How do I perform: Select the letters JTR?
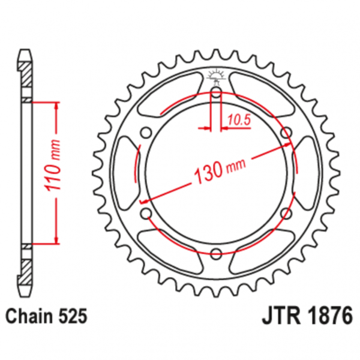pos(281,316)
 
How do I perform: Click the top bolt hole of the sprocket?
pos(216,92)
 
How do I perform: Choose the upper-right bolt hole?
pos(286,133)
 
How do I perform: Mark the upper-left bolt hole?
pos(146,133)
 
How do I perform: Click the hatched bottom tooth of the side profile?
pos(25,273)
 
